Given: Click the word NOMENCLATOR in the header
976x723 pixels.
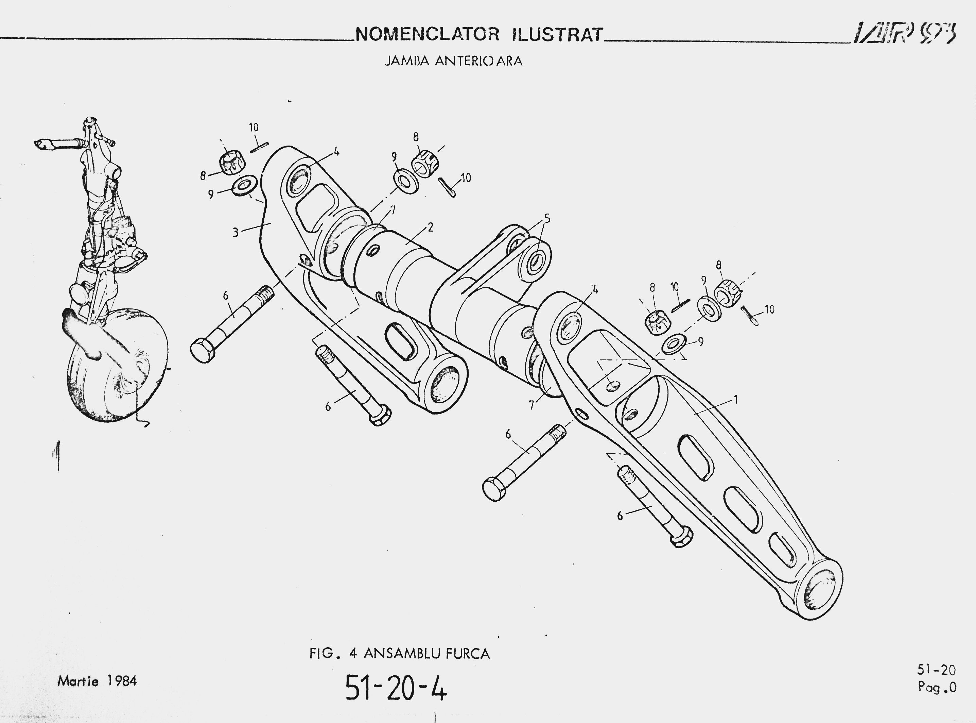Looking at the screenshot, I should point(427,34).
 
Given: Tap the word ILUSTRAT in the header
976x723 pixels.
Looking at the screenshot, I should point(558,34).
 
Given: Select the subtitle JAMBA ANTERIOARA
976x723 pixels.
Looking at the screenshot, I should point(453,61).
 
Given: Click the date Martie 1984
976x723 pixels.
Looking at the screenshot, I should point(97,681).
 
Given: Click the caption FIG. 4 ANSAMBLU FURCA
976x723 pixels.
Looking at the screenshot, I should point(400,653).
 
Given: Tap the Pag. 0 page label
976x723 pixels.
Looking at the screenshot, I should point(937,688).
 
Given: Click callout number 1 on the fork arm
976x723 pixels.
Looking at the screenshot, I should point(736,399).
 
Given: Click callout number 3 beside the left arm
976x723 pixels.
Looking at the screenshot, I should point(236,232).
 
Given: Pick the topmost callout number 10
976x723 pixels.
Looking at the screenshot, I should point(254,127).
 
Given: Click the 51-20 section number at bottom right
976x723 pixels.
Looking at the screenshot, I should point(936,670).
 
